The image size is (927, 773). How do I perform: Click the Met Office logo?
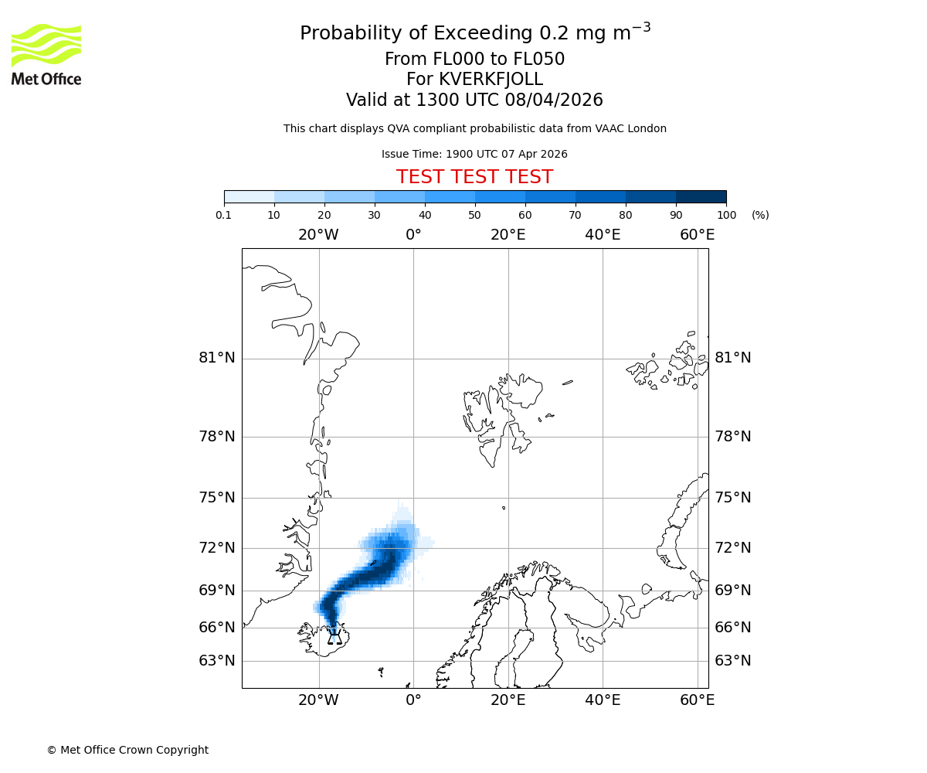[46, 54]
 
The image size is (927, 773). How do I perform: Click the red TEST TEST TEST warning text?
[474, 177]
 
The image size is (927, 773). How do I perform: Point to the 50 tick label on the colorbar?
[475, 215]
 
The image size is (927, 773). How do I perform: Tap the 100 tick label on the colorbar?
[726, 215]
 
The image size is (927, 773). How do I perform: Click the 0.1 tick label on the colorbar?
[224, 215]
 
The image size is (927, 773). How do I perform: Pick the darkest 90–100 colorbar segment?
[701, 196]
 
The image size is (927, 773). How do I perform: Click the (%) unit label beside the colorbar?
[760, 215]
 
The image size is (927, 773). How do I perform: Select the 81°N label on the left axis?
[217, 358]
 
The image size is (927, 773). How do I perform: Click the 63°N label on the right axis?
[732, 661]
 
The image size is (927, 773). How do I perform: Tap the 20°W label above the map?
[318, 235]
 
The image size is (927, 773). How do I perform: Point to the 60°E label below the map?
[697, 700]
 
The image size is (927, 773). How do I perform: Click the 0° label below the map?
[413, 700]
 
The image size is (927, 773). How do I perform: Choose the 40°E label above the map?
[603, 235]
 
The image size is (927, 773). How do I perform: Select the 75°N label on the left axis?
[217, 497]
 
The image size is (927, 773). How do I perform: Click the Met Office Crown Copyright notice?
[127, 750]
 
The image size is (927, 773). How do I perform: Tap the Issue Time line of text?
[474, 154]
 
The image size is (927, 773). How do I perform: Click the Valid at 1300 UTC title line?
[474, 100]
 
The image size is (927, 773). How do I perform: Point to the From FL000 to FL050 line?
[474, 60]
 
